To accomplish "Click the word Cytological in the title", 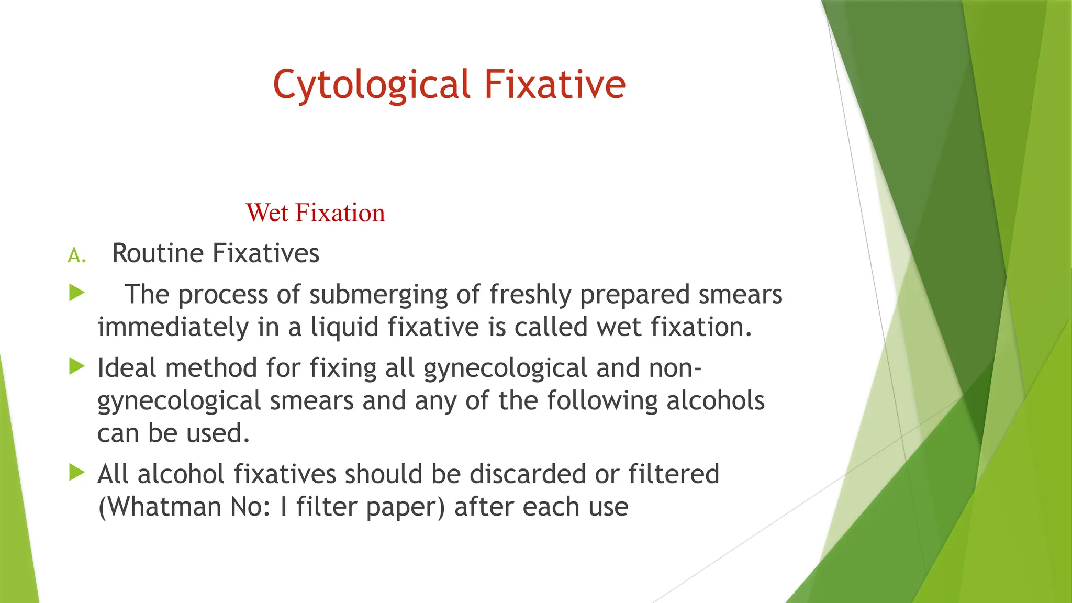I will pos(372,85).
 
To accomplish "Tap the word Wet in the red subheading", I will pos(267,213).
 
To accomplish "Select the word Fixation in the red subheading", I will pos(340,213).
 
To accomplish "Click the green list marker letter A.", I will pos(76,256).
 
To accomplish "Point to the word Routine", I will pos(158,253).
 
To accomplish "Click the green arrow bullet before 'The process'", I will pos(76,293).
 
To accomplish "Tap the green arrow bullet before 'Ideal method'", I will pos(76,366).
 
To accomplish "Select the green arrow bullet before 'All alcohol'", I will pos(76,473).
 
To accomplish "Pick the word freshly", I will pos(530,295).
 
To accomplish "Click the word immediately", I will pos(173,327).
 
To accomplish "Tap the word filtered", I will pos(674,474).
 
